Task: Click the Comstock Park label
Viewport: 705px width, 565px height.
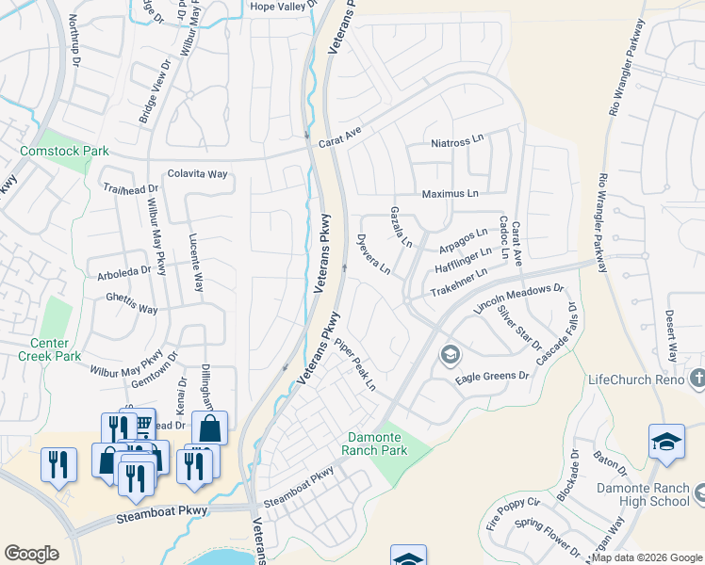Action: tap(65, 151)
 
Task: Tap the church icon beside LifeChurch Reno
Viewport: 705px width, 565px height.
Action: tap(697, 379)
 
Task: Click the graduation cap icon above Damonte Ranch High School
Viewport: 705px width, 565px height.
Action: tap(665, 442)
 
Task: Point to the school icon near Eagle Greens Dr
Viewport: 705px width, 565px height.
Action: tap(450, 354)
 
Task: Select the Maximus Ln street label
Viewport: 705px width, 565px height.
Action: tap(451, 194)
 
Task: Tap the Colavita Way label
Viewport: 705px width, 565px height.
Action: tap(198, 174)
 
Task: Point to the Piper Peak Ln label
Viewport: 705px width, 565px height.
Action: tap(355, 364)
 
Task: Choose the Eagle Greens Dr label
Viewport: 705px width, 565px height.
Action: tap(493, 377)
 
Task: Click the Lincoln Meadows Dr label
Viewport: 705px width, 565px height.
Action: tap(518, 299)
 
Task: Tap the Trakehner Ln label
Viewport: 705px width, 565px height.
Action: tap(459, 284)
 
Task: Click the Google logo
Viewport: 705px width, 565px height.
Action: tap(31, 554)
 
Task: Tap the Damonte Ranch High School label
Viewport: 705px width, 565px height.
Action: tap(650, 495)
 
